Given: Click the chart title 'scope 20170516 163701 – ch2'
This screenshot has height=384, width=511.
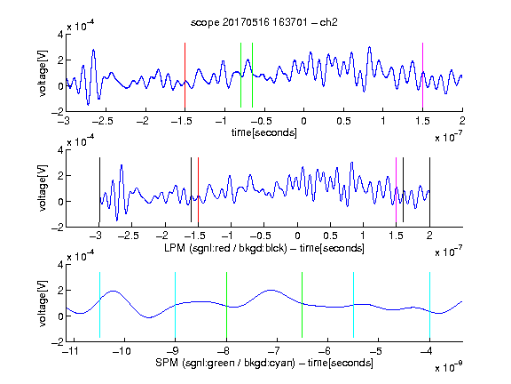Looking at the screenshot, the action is pyautogui.click(x=263, y=22).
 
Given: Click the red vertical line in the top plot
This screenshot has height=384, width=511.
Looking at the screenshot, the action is pyautogui.click(x=185, y=75).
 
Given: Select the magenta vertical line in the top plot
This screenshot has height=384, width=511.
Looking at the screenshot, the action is pyautogui.click(x=422, y=75).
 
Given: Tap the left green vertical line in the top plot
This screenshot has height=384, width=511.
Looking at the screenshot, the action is pyautogui.click(x=240, y=75).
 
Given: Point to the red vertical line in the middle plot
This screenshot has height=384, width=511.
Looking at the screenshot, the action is pyautogui.click(x=198, y=190).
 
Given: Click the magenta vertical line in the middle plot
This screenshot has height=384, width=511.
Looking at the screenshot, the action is pyautogui.click(x=396, y=190).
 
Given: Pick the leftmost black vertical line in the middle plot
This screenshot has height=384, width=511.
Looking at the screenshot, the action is pyautogui.click(x=99, y=190).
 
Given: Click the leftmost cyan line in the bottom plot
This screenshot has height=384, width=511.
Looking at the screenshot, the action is pyautogui.click(x=99, y=305).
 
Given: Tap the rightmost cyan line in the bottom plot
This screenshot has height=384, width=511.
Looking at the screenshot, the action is pyautogui.click(x=429, y=305).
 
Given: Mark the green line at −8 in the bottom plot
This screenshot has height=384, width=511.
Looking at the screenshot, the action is pyautogui.click(x=226, y=305).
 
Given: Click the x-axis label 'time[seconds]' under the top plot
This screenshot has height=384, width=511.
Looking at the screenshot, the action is pyautogui.click(x=264, y=132).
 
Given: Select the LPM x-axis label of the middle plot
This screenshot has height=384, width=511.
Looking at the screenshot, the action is pyautogui.click(x=264, y=248).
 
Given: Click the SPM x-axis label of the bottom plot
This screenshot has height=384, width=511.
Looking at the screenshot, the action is pyautogui.click(x=264, y=363).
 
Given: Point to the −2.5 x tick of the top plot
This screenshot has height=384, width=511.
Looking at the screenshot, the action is pyautogui.click(x=103, y=121).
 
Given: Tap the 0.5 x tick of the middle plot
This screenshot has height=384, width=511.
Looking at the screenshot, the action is pyautogui.click(x=330, y=236).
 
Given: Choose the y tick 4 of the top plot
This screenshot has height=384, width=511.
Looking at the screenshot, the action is pyautogui.click(x=60, y=35).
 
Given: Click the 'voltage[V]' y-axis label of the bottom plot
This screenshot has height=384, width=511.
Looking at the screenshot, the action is pyautogui.click(x=43, y=303).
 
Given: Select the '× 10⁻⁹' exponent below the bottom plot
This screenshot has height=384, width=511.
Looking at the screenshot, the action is pyautogui.click(x=448, y=366).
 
